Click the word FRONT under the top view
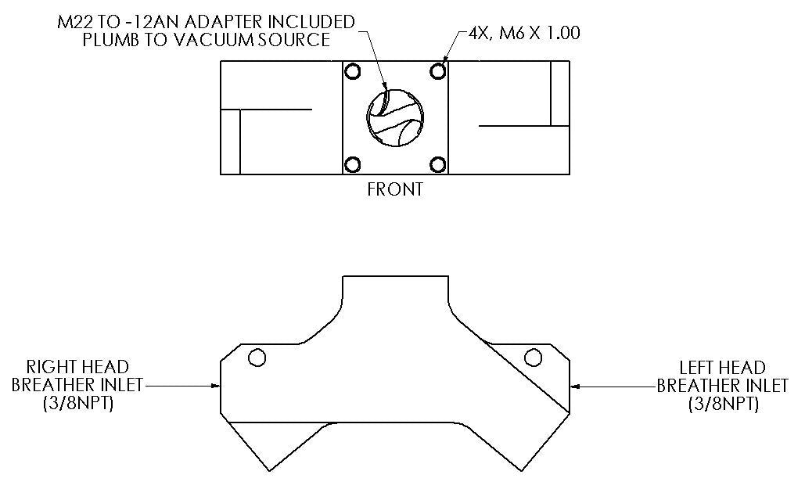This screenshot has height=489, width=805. [395, 190]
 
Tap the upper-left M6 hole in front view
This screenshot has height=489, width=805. [352, 72]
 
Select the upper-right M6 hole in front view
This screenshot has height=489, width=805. [438, 72]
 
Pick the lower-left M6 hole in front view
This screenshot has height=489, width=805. [352, 164]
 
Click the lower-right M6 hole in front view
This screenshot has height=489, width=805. [438, 164]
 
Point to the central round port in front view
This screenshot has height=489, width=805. [395, 118]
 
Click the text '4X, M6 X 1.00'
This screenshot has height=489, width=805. [524, 34]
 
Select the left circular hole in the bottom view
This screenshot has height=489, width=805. [255, 358]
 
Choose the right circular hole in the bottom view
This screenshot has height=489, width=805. [534, 358]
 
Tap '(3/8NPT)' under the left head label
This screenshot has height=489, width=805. [722, 405]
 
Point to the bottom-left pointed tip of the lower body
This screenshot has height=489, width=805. [269, 470]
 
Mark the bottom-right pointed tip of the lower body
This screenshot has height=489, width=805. [520, 470]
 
